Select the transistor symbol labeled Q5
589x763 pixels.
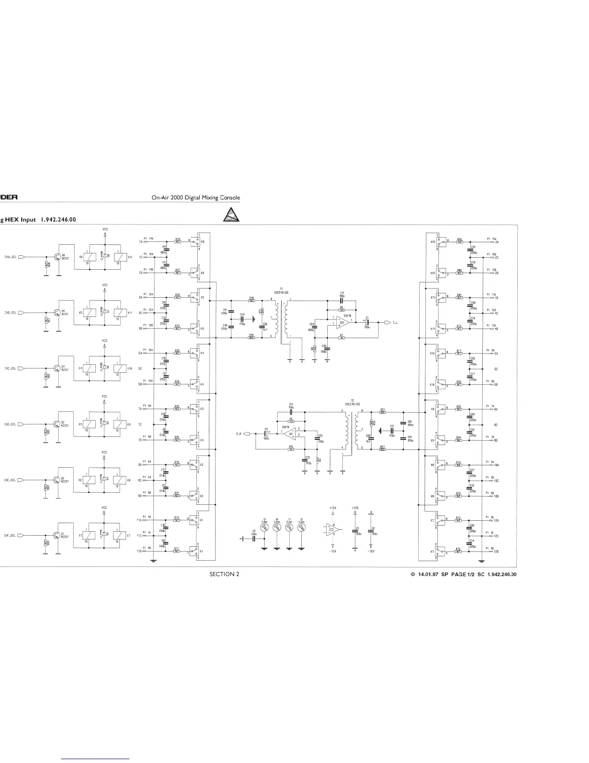[57, 312]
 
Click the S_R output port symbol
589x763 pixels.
[247, 434]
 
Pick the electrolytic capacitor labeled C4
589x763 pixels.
[266, 434]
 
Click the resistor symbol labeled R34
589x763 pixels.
[178, 241]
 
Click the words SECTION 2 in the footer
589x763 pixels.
[224, 574]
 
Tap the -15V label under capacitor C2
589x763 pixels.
[371, 551]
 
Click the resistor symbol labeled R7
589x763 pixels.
[342, 337]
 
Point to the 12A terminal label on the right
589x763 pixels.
[496, 521]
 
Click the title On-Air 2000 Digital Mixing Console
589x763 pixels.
[195, 198]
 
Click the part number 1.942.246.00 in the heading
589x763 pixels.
[59, 220]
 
